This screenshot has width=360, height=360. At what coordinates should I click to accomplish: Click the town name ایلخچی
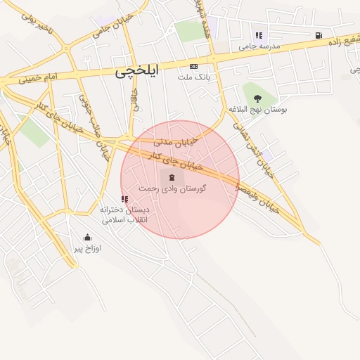137,72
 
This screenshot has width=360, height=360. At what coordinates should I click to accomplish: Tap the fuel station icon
319,35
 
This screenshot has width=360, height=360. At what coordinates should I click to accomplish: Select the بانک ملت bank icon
193,66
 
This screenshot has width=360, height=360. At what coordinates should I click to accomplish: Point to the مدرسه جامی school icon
259,35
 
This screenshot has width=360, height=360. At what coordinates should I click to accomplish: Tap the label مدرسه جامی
259,46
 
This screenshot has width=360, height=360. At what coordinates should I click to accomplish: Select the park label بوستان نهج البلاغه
257,110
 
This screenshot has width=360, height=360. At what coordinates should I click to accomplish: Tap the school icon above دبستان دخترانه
124,199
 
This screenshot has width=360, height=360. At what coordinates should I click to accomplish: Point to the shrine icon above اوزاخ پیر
87,238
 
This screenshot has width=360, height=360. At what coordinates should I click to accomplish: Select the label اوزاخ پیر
89,249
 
